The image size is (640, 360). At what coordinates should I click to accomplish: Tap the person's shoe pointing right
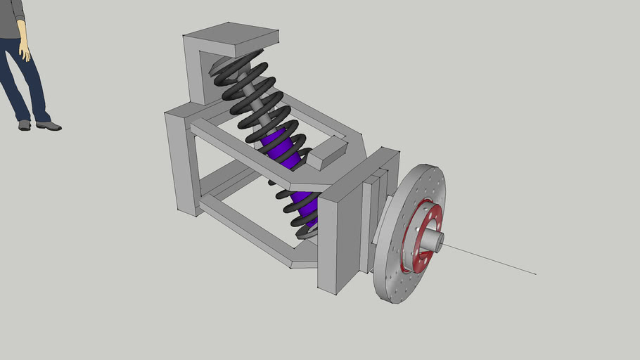49,127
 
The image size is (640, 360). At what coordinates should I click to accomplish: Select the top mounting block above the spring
231,38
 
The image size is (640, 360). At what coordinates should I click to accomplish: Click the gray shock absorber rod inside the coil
257,106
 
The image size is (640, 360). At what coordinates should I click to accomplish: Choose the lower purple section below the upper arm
302,203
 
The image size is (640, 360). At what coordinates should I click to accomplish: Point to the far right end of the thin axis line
535,274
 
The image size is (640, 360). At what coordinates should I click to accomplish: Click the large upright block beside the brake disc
338,239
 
